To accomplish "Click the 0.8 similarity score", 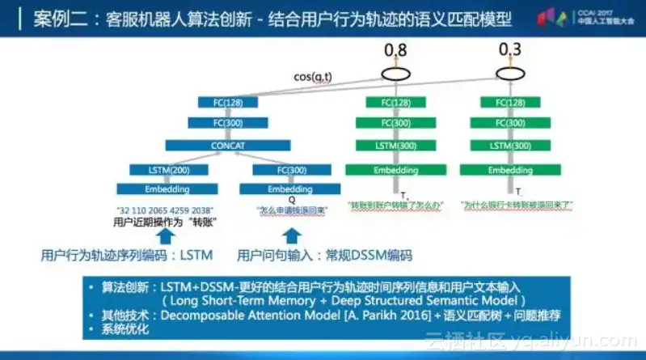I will tap(396, 52).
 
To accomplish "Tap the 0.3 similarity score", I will tap(509, 52).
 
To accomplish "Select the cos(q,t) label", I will tap(313, 77).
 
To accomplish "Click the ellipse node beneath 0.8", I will tap(396, 74).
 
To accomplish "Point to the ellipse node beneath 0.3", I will tap(509, 74).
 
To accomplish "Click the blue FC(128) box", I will tap(227, 103).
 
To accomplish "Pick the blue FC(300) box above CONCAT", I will tap(227, 124).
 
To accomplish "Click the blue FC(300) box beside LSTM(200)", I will tap(280, 170).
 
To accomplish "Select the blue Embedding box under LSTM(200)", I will tap(168, 189).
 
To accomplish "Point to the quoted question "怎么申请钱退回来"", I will tap(281, 210).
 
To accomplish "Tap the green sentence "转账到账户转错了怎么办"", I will tap(395, 206).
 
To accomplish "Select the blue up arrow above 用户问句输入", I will tap(292, 235).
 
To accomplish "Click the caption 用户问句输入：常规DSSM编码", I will tap(323, 256).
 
